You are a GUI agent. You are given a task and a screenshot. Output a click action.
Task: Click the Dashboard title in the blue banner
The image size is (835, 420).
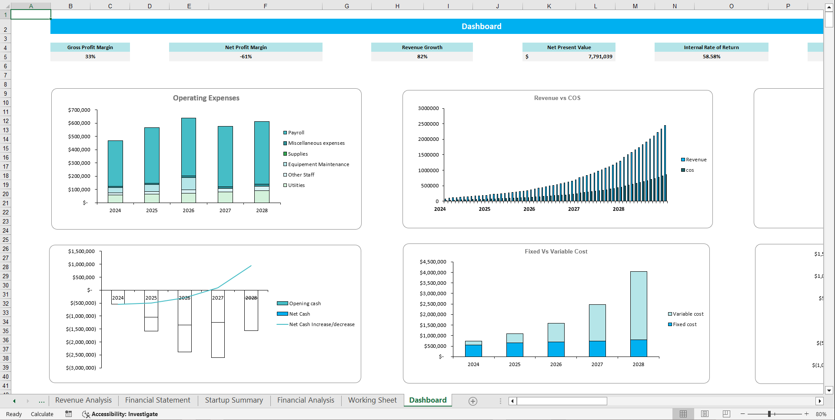pyautogui.click(x=481, y=27)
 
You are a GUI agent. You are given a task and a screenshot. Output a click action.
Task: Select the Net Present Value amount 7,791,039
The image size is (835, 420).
pyautogui.click(x=600, y=57)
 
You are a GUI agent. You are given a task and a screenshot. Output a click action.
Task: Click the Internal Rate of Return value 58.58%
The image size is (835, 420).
pyautogui.click(x=711, y=57)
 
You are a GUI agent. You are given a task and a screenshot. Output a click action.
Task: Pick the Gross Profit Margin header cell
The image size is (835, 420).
pyautogui.click(x=90, y=47)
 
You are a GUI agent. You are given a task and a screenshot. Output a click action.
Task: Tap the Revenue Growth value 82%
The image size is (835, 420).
pyautogui.click(x=422, y=57)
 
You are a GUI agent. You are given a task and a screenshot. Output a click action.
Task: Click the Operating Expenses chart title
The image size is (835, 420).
pyautogui.click(x=206, y=98)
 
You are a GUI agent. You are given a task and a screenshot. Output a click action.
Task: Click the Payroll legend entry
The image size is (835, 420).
pyautogui.click(x=296, y=133)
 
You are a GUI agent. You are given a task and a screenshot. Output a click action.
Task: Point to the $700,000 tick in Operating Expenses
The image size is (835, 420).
pyautogui.click(x=79, y=110)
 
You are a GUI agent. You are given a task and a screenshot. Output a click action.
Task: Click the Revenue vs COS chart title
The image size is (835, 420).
pyautogui.click(x=557, y=98)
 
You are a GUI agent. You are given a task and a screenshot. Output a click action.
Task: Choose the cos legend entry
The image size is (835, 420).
pyautogui.click(x=690, y=170)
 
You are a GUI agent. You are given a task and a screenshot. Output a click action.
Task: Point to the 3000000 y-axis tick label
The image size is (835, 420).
pyautogui.click(x=428, y=108)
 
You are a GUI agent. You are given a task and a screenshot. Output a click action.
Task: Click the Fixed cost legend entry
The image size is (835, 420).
pyautogui.click(x=685, y=324)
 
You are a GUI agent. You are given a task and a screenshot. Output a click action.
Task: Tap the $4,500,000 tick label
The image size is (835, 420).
pyautogui.click(x=433, y=262)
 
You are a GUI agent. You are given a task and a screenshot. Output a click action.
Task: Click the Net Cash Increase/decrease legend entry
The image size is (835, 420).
pyautogui.click(x=322, y=324)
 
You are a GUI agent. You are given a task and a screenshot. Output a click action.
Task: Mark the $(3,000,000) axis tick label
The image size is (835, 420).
pyautogui.click(x=81, y=368)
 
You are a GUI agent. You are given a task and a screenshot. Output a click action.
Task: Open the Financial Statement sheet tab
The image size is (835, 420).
pyautogui.click(x=157, y=400)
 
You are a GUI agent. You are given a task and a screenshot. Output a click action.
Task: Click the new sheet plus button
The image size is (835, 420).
pyautogui.click(x=473, y=401)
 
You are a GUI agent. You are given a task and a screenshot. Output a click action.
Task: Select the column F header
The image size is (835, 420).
pyautogui.click(x=265, y=6)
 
